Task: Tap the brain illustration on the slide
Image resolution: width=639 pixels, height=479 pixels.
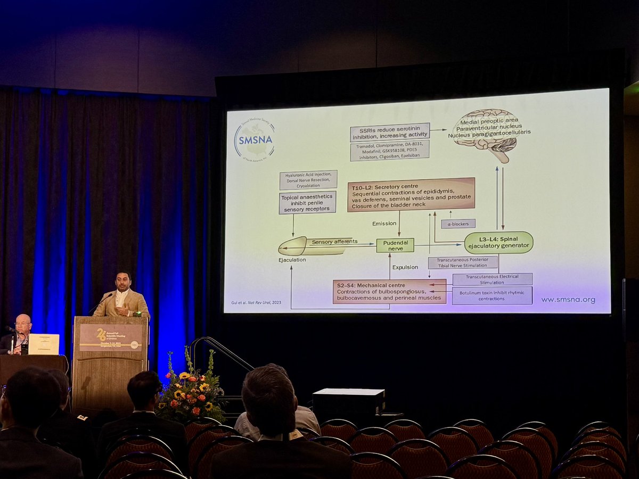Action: [485, 133]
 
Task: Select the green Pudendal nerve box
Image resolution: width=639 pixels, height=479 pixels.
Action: [395, 245]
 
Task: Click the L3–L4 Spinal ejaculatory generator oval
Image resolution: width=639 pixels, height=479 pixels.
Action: [498, 242]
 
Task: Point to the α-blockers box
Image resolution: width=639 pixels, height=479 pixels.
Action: [458, 224]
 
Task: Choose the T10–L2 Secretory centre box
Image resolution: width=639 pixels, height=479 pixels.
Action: [411, 195]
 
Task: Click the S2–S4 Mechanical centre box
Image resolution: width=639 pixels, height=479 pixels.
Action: [389, 292]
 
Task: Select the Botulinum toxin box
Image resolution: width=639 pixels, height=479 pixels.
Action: [492, 295]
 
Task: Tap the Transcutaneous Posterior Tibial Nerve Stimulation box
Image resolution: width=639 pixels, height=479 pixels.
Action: [463, 262]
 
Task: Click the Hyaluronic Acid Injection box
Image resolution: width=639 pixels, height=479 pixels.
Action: [308, 180]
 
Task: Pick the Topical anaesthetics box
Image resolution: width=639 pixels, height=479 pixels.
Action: [307, 203]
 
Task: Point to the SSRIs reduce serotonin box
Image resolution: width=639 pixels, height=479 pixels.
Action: [390, 133]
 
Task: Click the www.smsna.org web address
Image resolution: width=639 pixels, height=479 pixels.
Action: [568, 300]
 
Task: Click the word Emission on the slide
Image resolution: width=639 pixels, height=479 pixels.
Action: [384, 224]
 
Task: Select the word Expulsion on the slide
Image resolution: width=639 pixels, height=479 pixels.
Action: [405, 267]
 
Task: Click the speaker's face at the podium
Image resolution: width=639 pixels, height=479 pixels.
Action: [123, 283]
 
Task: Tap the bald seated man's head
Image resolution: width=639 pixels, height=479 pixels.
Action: [23, 323]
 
